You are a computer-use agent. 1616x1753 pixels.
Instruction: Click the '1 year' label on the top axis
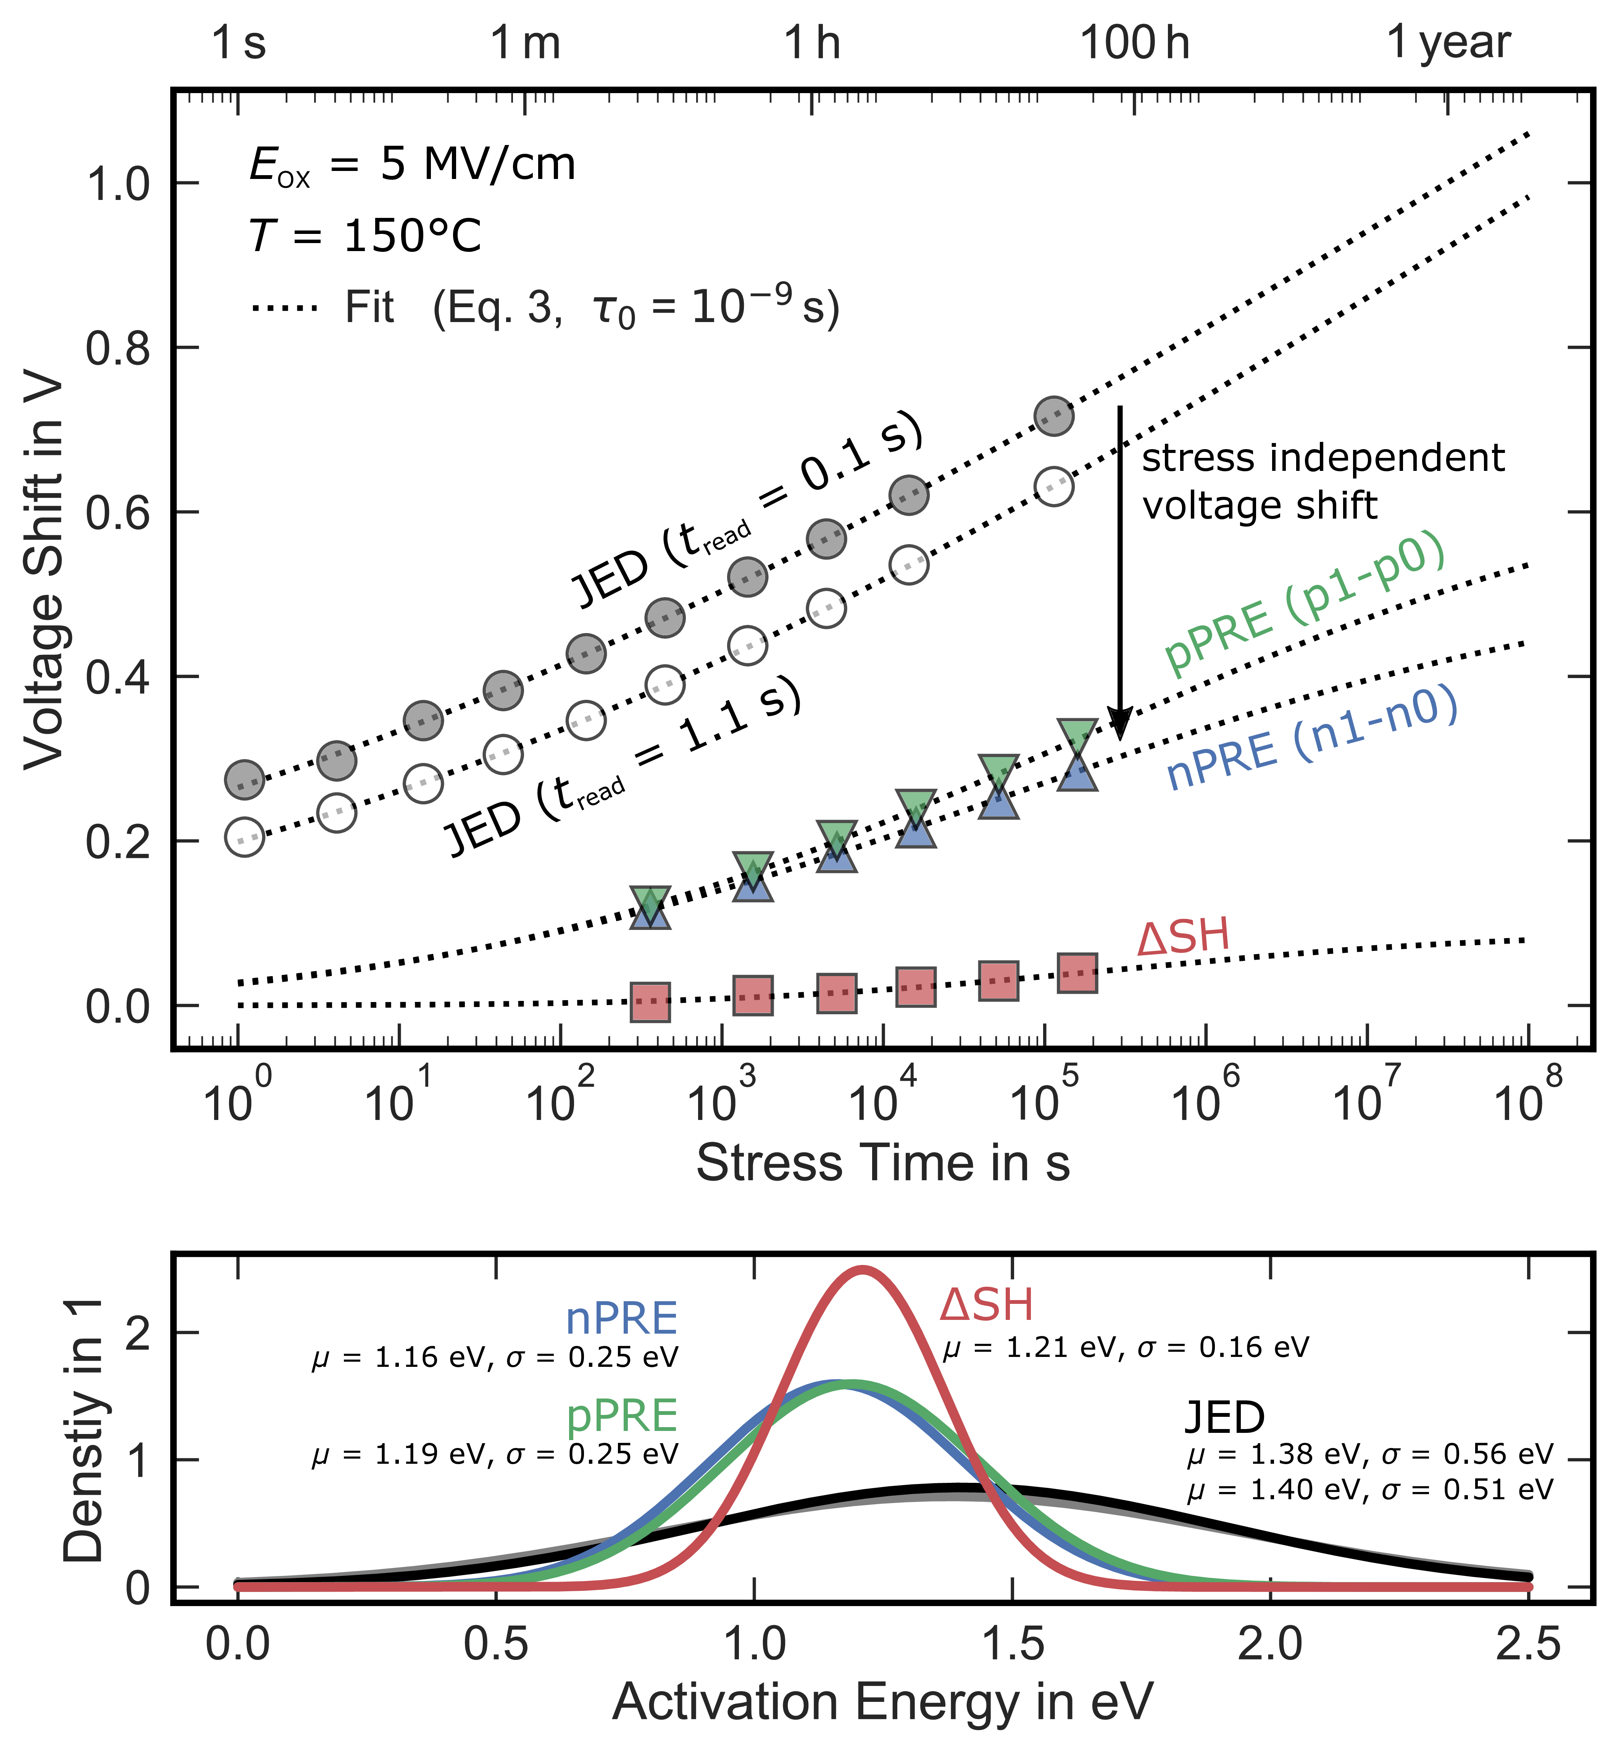tap(1449, 42)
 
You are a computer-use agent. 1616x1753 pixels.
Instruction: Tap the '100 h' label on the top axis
tap(1135, 42)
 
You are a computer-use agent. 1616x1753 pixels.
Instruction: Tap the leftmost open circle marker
tap(244, 837)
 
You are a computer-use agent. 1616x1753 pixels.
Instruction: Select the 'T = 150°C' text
tap(366, 236)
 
